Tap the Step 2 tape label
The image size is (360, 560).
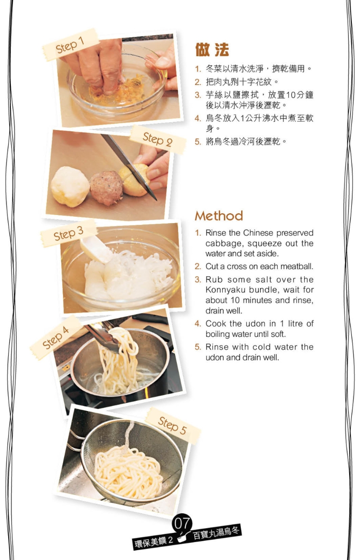coord(157,139)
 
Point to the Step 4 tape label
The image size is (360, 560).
coord(56,337)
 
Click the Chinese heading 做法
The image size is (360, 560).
coord(212,50)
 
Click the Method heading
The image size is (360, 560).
coord(219,216)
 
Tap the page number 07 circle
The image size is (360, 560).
coord(182,523)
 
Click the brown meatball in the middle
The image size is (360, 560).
coord(106,187)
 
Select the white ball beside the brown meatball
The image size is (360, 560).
coord(70,186)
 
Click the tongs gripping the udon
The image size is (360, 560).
coord(101,336)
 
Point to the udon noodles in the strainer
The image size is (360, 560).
coord(128,472)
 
